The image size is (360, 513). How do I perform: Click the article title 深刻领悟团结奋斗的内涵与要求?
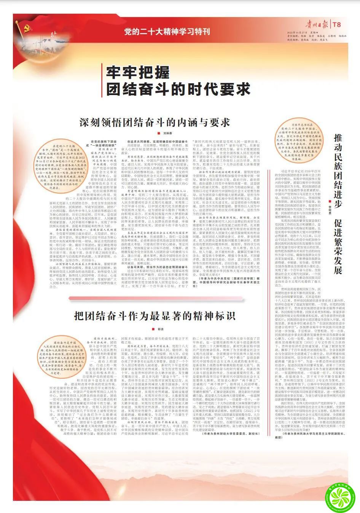(x=155, y=122)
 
